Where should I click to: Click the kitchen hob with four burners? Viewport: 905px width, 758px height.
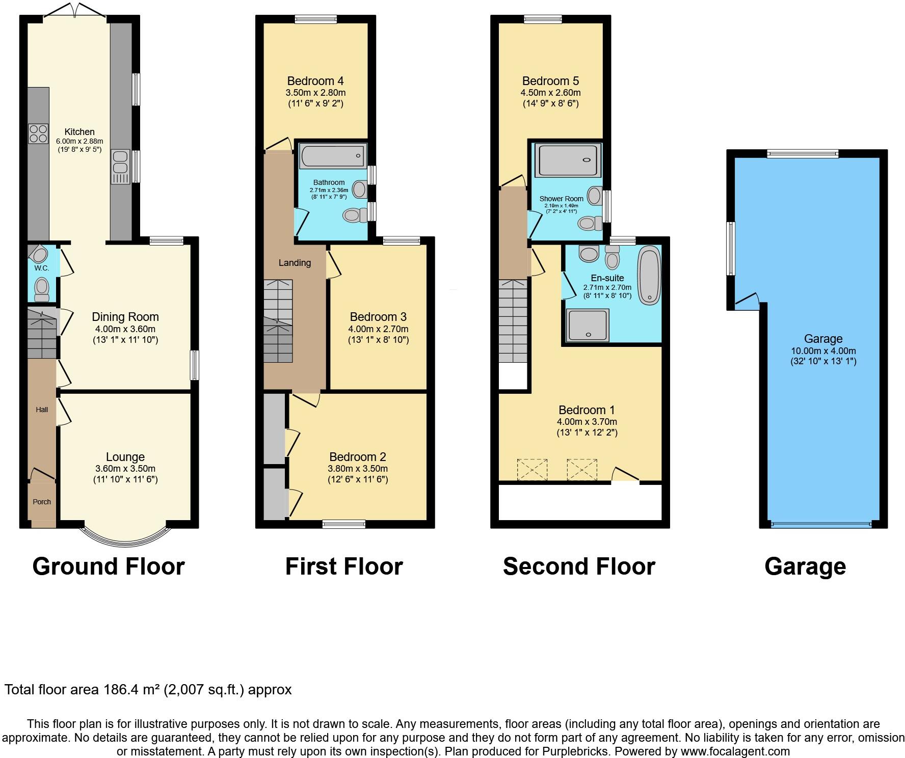39,133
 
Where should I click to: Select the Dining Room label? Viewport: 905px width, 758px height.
125,317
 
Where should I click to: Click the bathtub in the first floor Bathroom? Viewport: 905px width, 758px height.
333,156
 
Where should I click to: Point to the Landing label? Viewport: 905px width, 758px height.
295,263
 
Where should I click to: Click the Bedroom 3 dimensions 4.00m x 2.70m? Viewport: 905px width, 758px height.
378,329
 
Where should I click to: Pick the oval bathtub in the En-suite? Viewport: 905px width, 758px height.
649,275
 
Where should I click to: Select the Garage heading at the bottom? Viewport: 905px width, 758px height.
805,566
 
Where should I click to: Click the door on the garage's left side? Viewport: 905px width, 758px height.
747,301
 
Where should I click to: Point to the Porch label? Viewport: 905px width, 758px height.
42,502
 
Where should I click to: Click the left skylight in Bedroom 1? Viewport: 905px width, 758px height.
532,469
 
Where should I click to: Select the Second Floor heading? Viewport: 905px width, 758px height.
579,566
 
